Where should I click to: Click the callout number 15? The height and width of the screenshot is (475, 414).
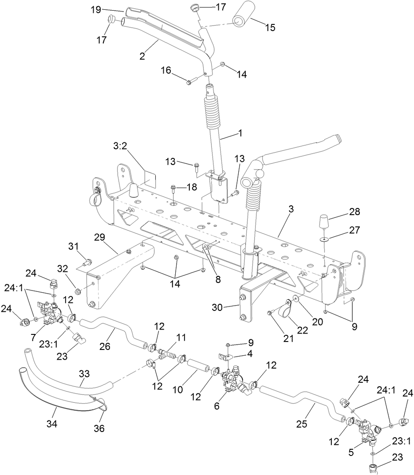(x=270, y=27)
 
